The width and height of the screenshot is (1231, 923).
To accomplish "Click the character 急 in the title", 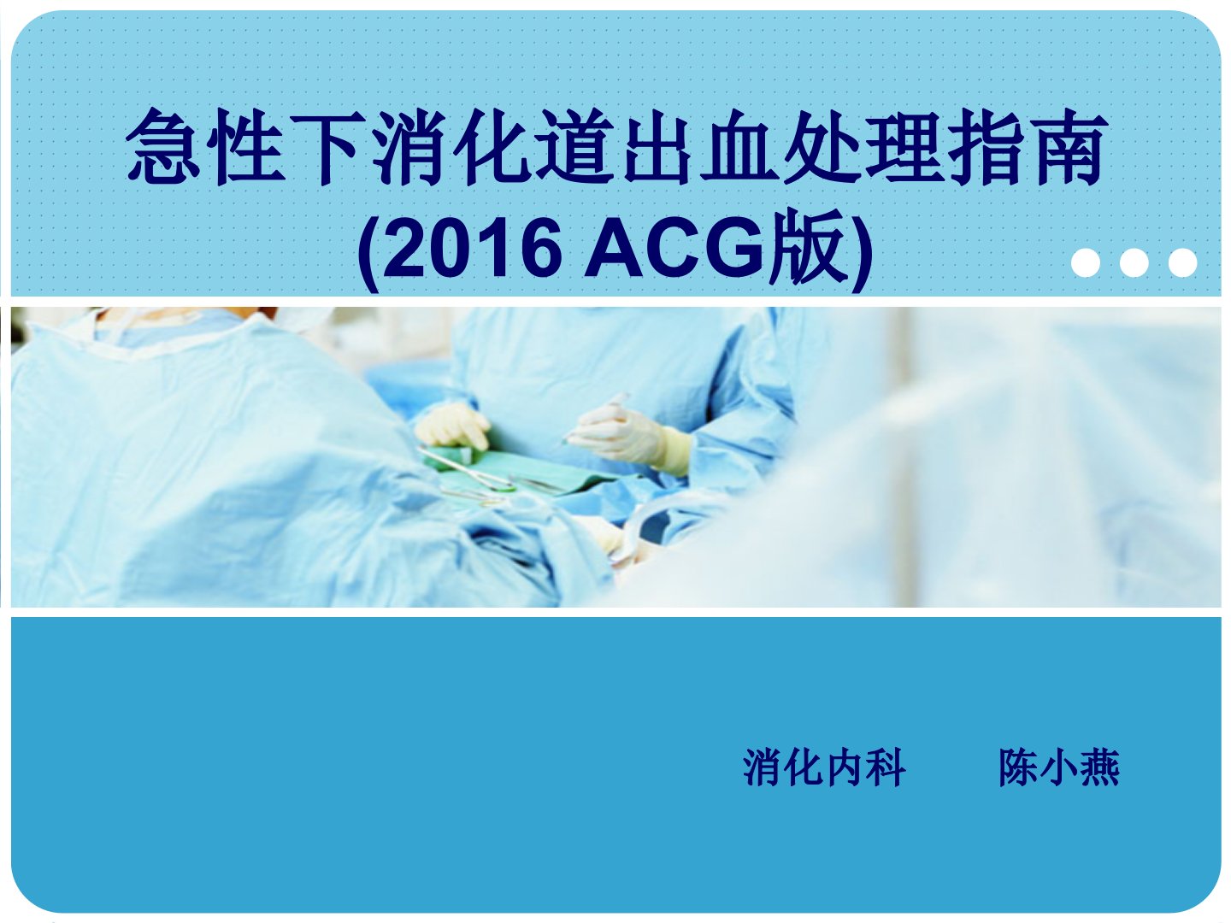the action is pyautogui.click(x=162, y=147).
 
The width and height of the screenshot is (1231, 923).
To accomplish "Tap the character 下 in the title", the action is pyautogui.click(x=327, y=147).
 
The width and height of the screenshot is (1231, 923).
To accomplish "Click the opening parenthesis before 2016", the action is pyautogui.click(x=368, y=252).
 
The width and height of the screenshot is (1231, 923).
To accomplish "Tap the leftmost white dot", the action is pyautogui.click(x=1086, y=262).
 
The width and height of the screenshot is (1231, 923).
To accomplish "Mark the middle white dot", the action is pyautogui.click(x=1134, y=262).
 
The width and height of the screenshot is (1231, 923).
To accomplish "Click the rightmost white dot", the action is pyautogui.click(x=1183, y=262).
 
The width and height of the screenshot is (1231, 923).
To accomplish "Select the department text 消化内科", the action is pyautogui.click(x=824, y=767).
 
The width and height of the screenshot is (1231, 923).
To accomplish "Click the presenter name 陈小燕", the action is pyautogui.click(x=1059, y=767).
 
